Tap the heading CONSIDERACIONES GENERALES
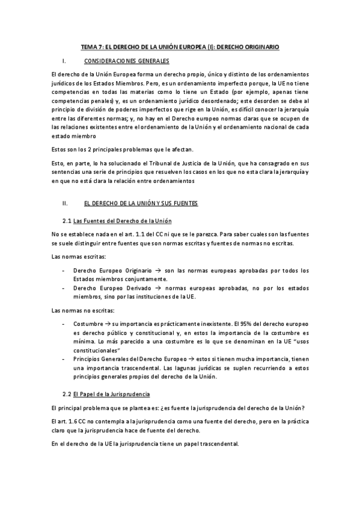coord(127,61)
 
